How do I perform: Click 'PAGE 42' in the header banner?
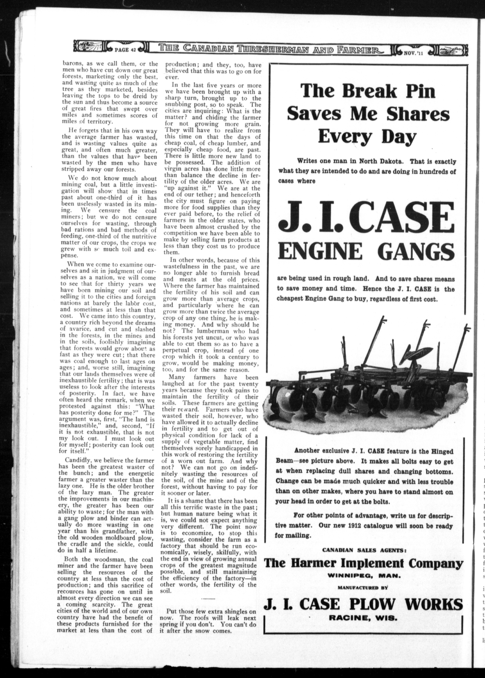[125, 50]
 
